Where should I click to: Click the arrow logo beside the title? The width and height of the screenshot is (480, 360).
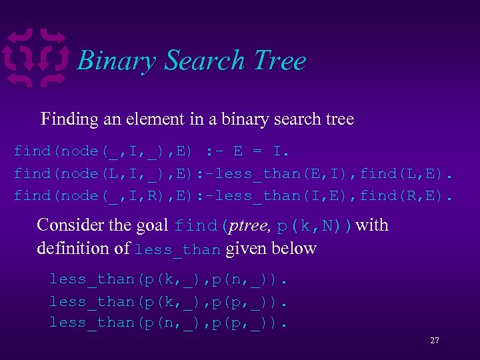tap(36, 58)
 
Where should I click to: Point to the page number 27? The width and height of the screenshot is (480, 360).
tap(434, 341)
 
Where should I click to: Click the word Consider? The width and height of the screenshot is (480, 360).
tap(69, 225)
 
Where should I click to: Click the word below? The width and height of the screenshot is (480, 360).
tap(297, 249)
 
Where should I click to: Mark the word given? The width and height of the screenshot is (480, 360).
tap(246, 249)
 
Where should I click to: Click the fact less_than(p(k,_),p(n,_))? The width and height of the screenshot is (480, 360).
tap(169, 279)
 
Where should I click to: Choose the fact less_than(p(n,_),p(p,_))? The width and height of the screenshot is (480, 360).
tap(169, 323)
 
